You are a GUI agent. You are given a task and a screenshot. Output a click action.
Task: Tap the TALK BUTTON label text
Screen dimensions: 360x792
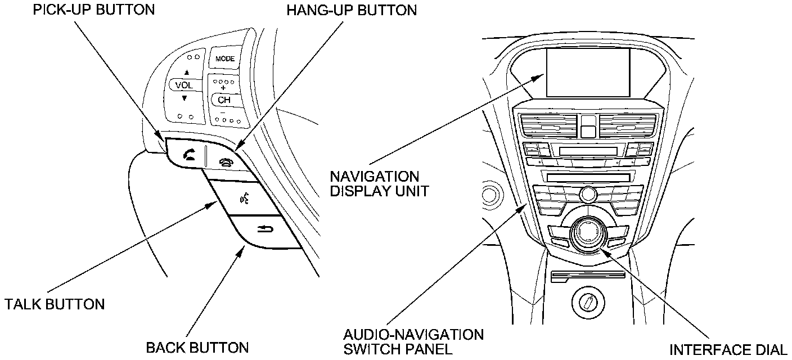55,304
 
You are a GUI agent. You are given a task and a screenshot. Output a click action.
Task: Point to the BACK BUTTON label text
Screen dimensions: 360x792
197,347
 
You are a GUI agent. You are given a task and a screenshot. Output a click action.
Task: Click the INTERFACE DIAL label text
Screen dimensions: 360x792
728,349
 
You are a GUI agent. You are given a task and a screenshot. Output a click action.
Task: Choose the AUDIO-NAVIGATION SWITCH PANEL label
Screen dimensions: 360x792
413,341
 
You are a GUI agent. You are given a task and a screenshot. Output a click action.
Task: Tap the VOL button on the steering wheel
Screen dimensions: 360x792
184,85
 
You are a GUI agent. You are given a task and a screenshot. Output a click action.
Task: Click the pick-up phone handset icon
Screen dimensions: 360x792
187,154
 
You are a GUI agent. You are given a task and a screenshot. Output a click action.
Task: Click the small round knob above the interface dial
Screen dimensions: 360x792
588,195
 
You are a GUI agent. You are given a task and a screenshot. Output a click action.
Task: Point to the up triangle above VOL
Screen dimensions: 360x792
186,73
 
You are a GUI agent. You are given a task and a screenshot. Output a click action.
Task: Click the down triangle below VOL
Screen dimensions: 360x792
184,98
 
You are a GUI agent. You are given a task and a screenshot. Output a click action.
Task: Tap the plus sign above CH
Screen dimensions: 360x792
223,88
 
